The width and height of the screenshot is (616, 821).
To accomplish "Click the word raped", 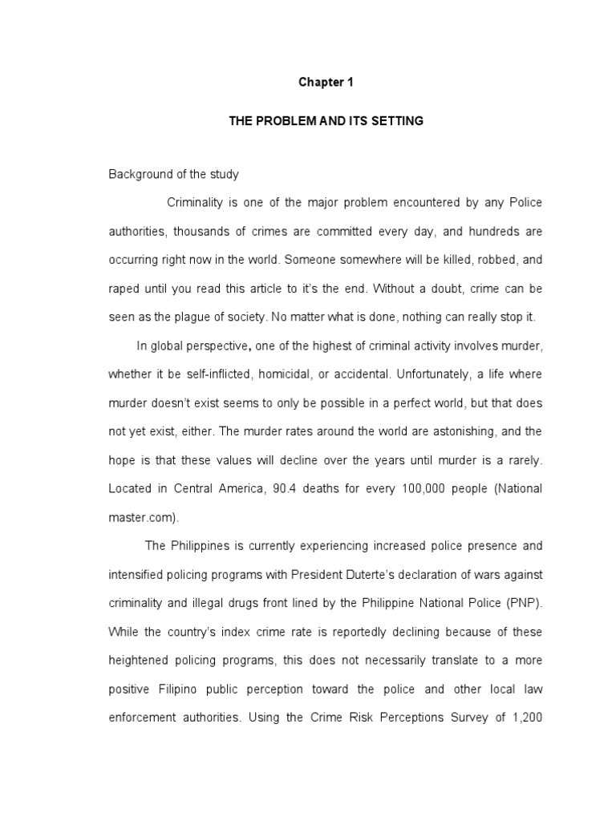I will (124, 289).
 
